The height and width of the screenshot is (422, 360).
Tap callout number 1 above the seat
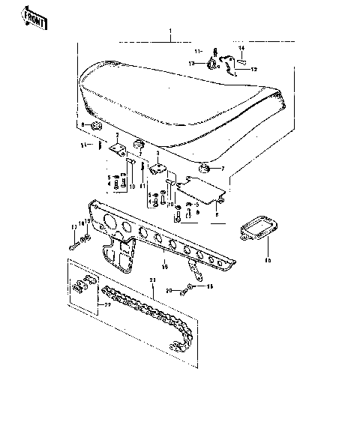(x=171, y=33)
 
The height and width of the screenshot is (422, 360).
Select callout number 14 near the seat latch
(x=242, y=48)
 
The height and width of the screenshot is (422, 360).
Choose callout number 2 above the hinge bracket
(x=118, y=135)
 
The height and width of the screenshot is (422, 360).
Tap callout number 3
(x=157, y=154)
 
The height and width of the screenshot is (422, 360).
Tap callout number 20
(x=169, y=290)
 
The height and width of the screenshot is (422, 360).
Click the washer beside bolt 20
(x=192, y=287)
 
